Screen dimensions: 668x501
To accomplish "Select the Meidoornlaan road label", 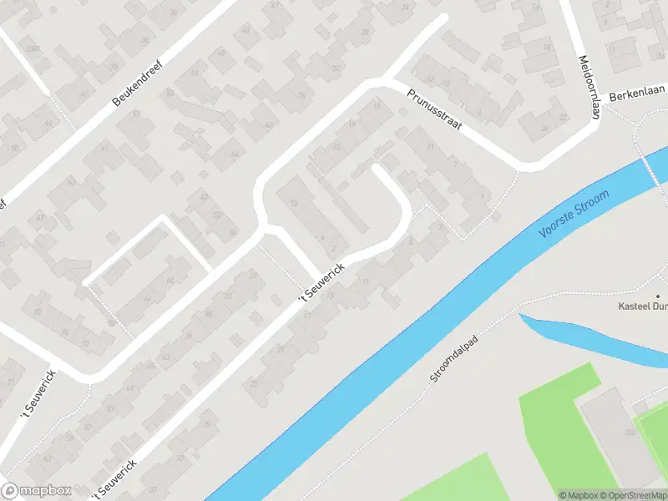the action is point(590,89).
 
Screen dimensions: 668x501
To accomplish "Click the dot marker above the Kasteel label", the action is point(657,296).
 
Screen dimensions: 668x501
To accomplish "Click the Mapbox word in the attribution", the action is point(579,495).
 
